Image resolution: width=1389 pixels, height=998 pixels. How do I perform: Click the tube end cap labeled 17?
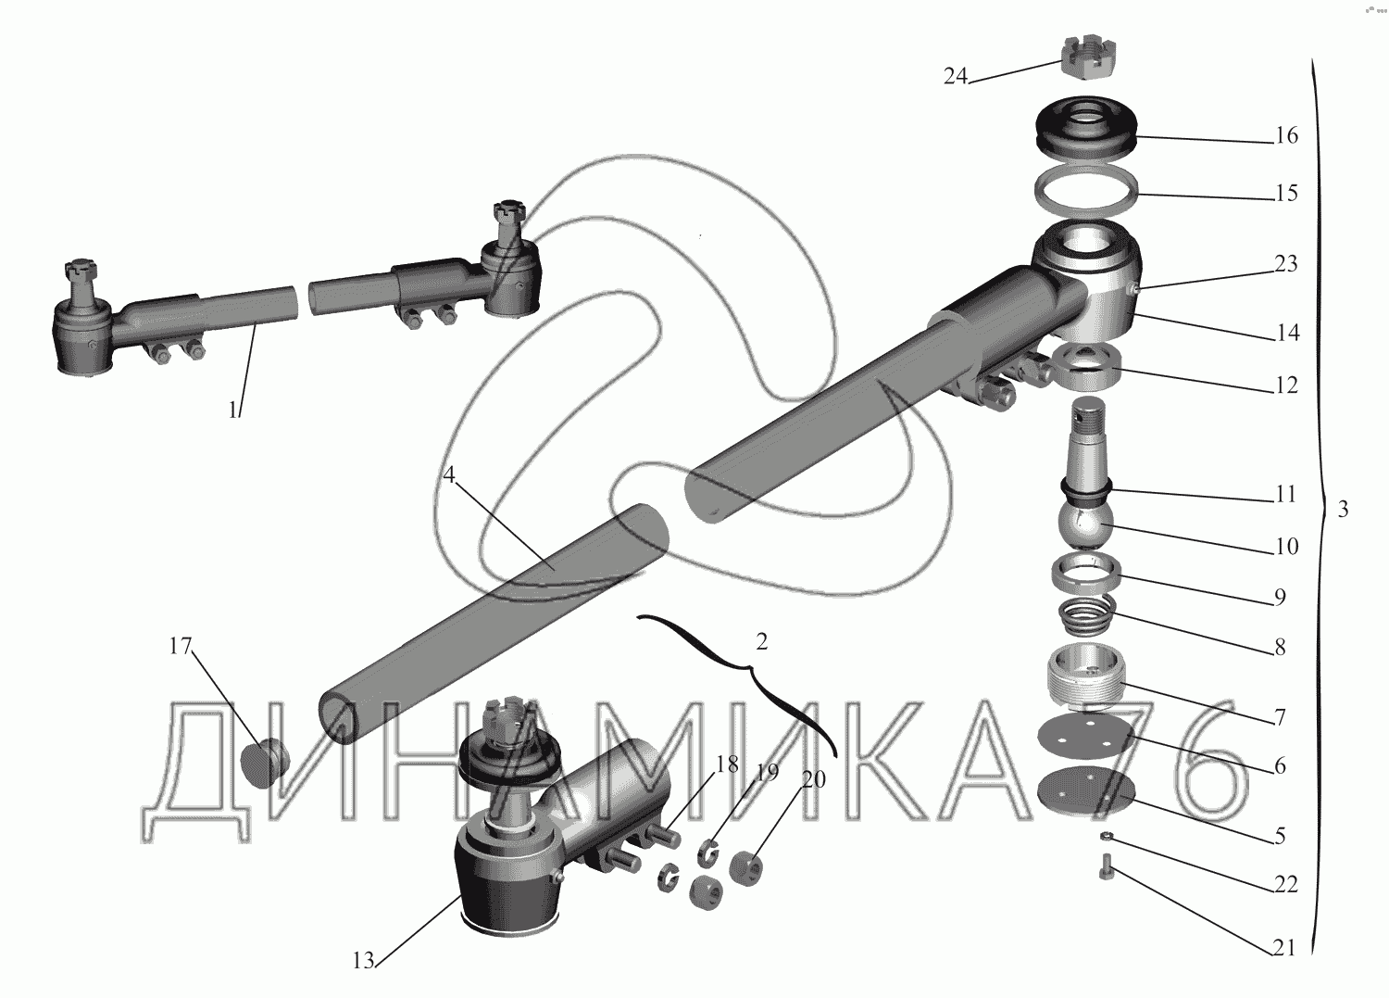(x=265, y=763)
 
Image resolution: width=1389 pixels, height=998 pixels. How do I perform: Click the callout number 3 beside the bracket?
(x=1343, y=510)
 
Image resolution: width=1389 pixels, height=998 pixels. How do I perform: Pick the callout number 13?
(x=363, y=961)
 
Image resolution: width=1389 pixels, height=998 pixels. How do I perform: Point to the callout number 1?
(x=232, y=411)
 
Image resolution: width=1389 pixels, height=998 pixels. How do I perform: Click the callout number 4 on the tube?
(x=448, y=475)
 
